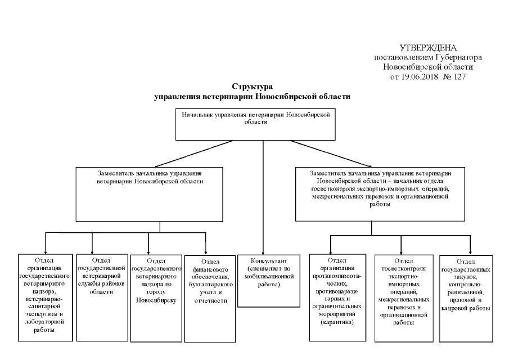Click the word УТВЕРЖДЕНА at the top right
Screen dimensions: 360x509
coord(428,48)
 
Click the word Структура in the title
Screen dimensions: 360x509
coord(252,87)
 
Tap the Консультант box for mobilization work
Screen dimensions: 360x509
coord(265,281)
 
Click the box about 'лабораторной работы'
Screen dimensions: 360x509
coord(45,298)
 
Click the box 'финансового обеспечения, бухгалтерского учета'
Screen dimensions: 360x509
coord(208,298)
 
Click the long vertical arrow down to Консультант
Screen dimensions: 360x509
coord(263,197)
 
